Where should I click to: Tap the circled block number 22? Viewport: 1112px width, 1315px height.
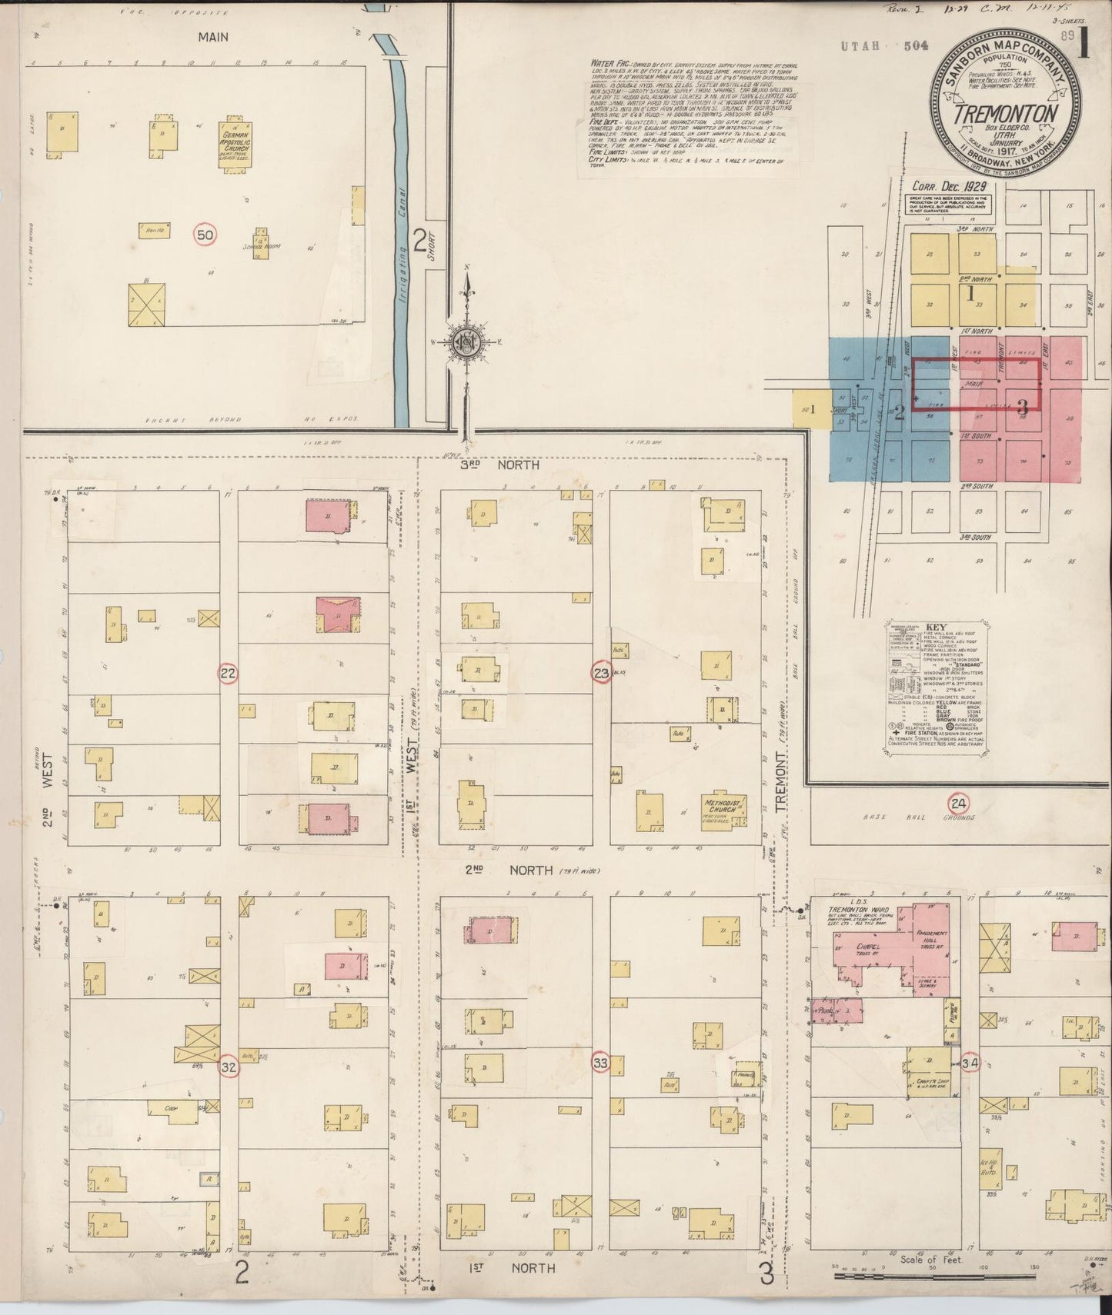pos(228,674)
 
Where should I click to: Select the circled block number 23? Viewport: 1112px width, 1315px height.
pos(602,674)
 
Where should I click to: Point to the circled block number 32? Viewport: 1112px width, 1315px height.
pos(228,1067)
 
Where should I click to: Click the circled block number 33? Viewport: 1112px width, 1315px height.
pos(602,1064)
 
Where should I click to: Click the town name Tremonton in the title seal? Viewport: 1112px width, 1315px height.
pos(1004,114)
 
